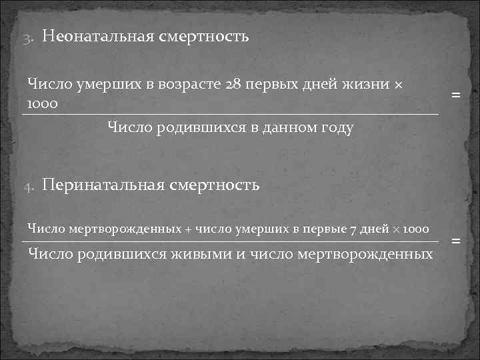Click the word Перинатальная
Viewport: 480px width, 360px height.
point(103,185)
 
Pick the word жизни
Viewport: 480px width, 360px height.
point(369,85)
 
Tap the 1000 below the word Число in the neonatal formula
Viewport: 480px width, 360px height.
point(41,104)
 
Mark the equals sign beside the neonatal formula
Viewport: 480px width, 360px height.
point(456,95)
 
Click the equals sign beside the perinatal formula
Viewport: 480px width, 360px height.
point(456,240)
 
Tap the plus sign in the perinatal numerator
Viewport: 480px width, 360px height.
point(188,229)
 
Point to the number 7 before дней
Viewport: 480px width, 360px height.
point(353,229)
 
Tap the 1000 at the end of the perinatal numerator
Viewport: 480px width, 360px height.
point(415,229)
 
